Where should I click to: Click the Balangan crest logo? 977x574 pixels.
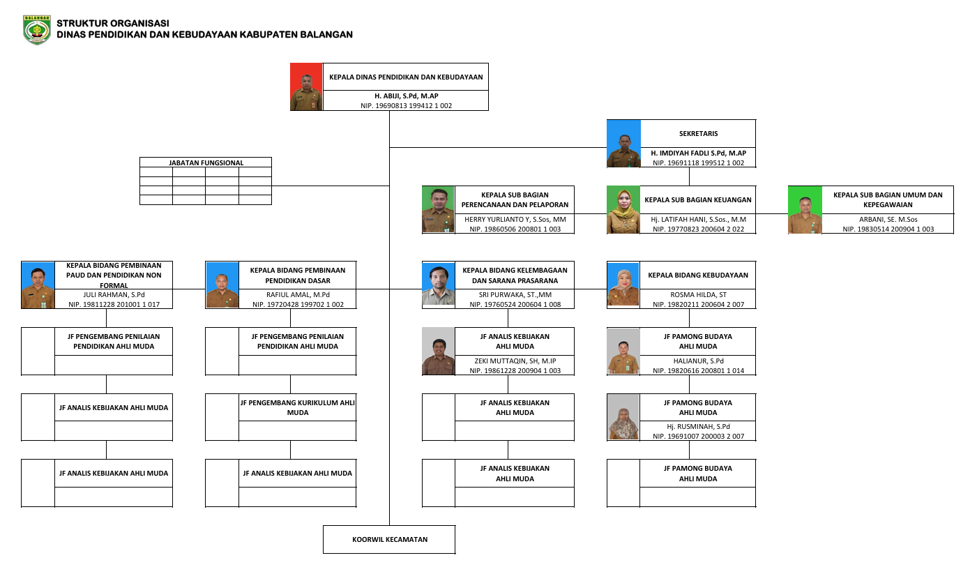pos(36,30)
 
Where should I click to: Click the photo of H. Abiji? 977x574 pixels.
pos(306,87)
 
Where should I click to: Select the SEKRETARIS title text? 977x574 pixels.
pos(698,133)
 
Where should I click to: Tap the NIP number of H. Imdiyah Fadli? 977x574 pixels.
pos(698,163)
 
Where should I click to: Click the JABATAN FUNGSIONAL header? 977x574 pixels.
pos(206,163)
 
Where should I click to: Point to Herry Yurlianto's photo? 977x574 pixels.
pos(438,209)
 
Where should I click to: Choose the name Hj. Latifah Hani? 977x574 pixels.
pos(698,219)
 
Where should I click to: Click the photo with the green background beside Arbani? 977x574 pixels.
pos(805,209)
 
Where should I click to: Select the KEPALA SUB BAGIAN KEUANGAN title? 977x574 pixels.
pos(698,199)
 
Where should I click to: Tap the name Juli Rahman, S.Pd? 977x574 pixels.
pos(113,294)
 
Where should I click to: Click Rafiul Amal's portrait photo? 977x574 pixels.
pos(222,285)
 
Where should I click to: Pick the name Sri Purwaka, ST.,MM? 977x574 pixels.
pos(515,294)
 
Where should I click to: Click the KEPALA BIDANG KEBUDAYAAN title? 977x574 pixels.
pos(698,275)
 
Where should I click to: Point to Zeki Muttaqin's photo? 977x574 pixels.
pos(438,351)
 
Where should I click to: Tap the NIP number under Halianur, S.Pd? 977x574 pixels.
pos(698,370)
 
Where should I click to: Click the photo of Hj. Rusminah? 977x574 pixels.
pos(623,416)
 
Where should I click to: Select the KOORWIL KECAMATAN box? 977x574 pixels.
pos(389,539)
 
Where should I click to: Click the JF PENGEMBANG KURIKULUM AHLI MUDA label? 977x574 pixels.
pos(297,407)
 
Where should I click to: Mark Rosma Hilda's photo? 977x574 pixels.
pos(623,285)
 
